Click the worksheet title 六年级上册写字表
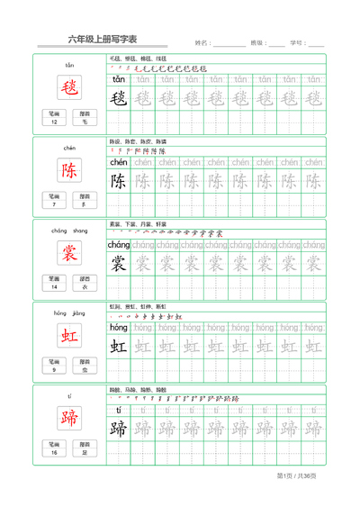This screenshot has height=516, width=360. click(x=103, y=40)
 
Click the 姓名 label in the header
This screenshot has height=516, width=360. click(x=202, y=42)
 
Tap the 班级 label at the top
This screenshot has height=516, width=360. click(x=257, y=42)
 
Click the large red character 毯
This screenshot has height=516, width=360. click(x=69, y=87)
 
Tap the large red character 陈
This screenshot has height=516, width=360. click(x=69, y=170)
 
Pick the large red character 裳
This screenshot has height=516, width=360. click(x=69, y=253)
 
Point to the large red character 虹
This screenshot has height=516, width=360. click(x=69, y=336)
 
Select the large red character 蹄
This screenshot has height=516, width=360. click(x=69, y=419)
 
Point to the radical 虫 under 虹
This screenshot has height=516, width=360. click(x=85, y=370)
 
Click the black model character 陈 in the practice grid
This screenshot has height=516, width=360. click(x=119, y=181)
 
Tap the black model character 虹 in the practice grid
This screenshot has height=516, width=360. click(x=119, y=347)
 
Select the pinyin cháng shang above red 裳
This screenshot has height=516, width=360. click(x=69, y=231)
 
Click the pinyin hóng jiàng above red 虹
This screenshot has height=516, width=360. click(x=69, y=313)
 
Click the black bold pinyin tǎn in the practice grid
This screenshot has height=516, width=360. click(x=119, y=79)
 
